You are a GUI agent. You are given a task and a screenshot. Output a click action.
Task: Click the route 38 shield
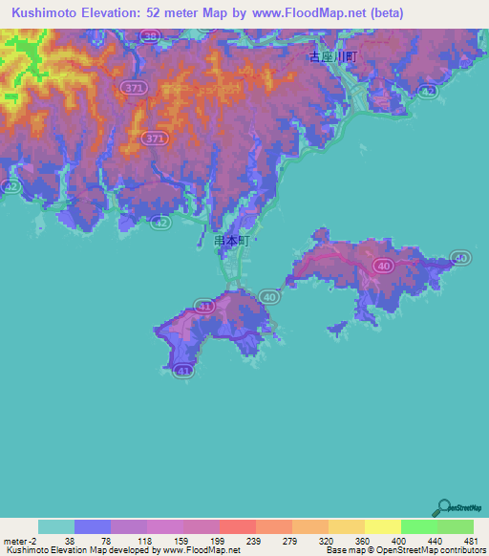(x=149, y=36)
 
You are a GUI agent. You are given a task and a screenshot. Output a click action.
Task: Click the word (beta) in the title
(x=382, y=13)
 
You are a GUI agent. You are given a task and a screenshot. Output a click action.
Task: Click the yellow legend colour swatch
(x=382, y=526)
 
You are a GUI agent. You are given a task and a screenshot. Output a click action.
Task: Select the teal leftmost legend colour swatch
(x=56, y=526)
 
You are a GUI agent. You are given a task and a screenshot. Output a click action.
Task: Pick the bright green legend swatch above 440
(x=418, y=526)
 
